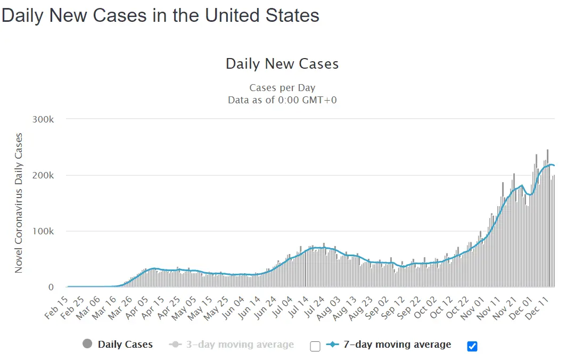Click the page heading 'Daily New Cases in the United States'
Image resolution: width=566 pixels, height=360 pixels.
tap(160, 15)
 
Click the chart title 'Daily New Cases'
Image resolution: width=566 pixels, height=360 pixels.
tap(282, 64)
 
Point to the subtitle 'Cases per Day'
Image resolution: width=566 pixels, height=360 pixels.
tap(282, 88)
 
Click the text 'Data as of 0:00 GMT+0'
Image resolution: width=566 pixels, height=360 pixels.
tap(282, 100)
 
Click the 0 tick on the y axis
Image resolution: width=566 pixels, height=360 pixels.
tap(51, 288)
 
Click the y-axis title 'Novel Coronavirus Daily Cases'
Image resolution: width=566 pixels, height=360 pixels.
tap(19, 203)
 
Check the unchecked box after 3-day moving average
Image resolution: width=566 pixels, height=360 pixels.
tap(315, 346)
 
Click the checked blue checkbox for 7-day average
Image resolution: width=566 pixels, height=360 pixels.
tap(472, 346)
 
